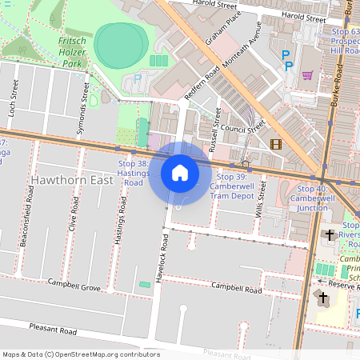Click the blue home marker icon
pyautogui.click(x=180, y=173)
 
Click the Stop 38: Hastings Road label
pyautogui.click(x=134, y=173)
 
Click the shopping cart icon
pyautogui.click(x=308, y=76)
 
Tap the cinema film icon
pyautogui.click(x=276, y=145)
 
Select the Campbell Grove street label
pyautogui.click(x=74, y=285)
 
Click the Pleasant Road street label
pyautogui.click(x=53, y=330)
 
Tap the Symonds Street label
pyautogui.click(x=82, y=106)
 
